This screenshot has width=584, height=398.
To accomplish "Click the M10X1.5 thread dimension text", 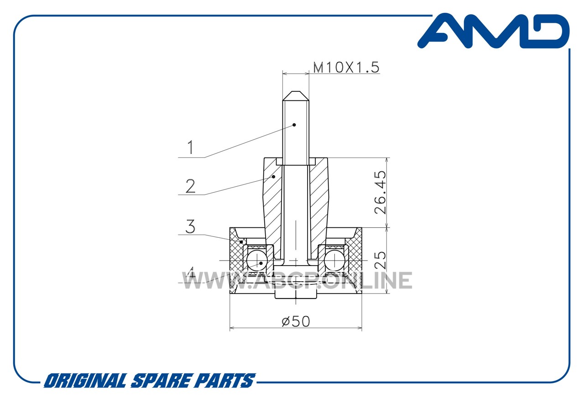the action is [x=346, y=68].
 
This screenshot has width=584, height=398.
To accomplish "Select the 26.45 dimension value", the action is [x=381, y=193].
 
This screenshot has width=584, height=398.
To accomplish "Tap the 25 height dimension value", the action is [x=381, y=260].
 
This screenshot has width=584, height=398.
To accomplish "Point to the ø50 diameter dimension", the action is [x=296, y=321].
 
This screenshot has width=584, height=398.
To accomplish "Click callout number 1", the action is [x=191, y=147].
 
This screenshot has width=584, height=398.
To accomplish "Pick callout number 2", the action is [x=190, y=186].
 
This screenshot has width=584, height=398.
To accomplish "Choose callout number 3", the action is [x=190, y=226].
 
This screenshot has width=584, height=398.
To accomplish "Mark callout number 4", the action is [x=191, y=273].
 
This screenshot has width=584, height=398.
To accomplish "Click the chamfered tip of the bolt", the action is [x=296, y=96].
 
